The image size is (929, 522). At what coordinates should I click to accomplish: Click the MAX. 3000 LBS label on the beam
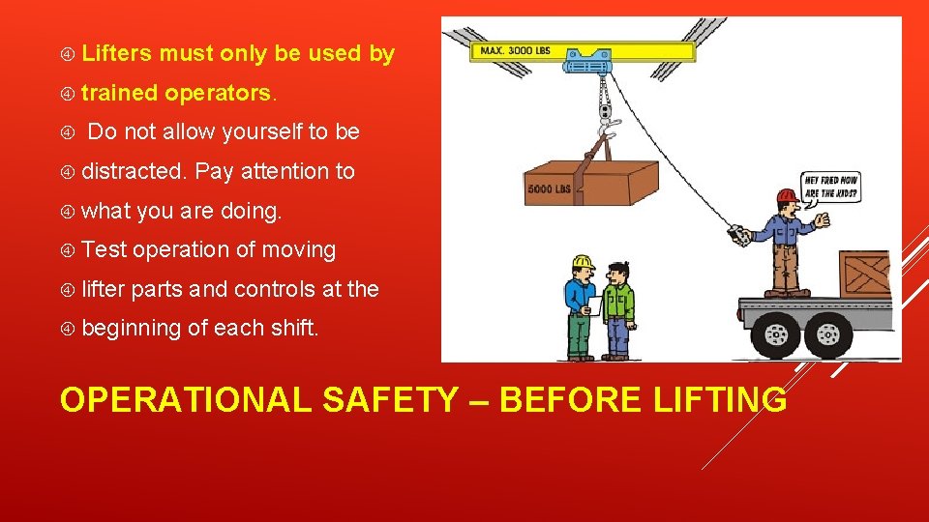click(514, 49)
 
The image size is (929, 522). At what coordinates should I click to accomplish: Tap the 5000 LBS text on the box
click(549, 189)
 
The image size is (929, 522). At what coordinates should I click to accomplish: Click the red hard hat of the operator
click(787, 196)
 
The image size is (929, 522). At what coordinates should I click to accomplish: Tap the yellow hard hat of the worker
click(582, 262)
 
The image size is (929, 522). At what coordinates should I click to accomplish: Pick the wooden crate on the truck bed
click(863, 273)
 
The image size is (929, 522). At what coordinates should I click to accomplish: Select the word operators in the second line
click(221, 94)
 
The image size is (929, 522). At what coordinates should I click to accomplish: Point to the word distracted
click(134, 172)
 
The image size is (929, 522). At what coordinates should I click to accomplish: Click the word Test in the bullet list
click(105, 250)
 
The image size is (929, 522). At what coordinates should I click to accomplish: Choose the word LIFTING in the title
click(714, 398)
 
